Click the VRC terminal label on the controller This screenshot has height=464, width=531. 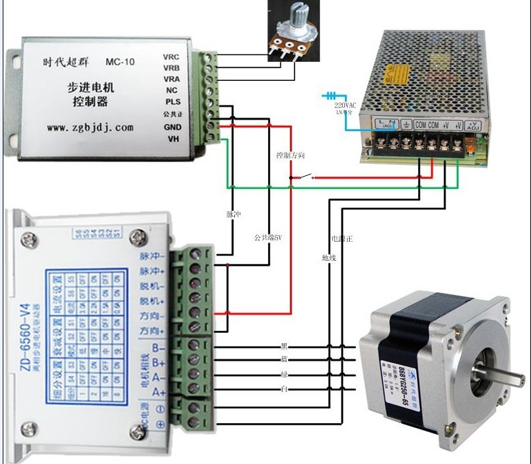coord(171,57)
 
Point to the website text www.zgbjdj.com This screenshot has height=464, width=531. coord(90,127)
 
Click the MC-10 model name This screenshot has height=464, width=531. coord(120,63)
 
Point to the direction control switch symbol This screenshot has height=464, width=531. coord(304,178)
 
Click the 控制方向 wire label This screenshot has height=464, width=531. coord(289,156)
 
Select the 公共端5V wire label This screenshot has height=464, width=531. coord(268,238)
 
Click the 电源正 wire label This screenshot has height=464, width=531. coord(340,239)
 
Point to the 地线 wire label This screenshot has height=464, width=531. coord(329,257)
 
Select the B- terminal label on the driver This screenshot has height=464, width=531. coord(159,347)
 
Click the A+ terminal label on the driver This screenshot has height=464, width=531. coord(159,392)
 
